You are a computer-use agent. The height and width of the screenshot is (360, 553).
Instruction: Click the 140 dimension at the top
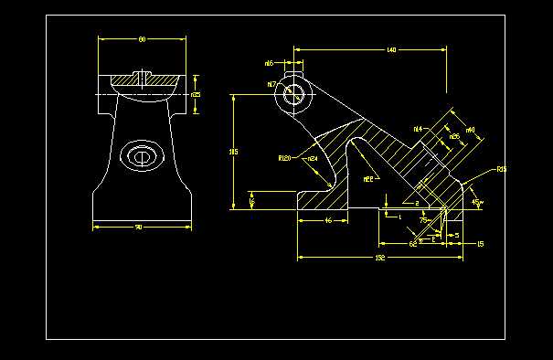pyautogui.click(x=391, y=48)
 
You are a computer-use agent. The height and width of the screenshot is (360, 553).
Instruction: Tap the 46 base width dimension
pyautogui.click(x=328, y=221)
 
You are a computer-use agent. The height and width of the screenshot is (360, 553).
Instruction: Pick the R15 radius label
pyautogui.click(x=501, y=170)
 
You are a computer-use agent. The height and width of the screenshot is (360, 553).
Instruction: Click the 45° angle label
pyautogui.click(x=476, y=202)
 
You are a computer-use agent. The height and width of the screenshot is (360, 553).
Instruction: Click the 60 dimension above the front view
pyautogui.click(x=142, y=40)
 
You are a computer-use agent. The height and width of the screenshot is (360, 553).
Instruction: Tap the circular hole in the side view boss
pyautogui.click(x=294, y=93)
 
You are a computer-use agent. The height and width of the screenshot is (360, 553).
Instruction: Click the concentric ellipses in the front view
pyautogui.click(x=142, y=156)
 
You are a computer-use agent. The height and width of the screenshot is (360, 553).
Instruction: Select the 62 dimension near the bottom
pyautogui.click(x=412, y=245)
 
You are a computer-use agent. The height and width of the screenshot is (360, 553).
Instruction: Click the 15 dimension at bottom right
pyautogui.click(x=481, y=245)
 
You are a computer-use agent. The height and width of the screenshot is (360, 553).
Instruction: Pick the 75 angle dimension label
pyautogui.click(x=424, y=220)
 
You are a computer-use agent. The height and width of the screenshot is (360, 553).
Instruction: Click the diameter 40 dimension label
pyautogui.click(x=470, y=131)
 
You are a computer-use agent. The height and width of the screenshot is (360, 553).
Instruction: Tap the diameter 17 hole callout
pyautogui.click(x=272, y=84)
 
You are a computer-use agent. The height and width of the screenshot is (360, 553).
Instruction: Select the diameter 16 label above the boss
pyautogui.click(x=269, y=63)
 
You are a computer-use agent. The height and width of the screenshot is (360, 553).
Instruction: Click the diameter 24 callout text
pyautogui.click(x=312, y=159)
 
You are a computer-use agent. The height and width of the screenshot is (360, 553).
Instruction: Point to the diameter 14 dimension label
pyautogui.click(x=418, y=129)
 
